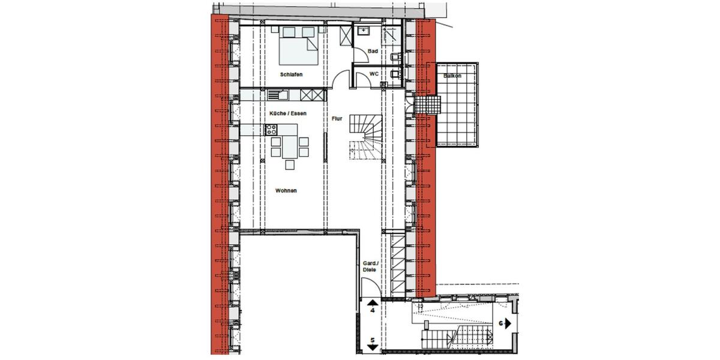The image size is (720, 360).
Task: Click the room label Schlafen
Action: (x=290, y=74)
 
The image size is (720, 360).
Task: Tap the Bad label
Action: (x=373, y=52)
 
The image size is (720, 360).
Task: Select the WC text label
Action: (x=373, y=74)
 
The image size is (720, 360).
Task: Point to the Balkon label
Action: (x=452, y=76)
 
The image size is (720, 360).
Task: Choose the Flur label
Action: (x=337, y=119)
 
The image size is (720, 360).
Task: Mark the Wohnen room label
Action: (x=286, y=191)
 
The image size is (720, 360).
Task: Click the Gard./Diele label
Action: (x=370, y=267)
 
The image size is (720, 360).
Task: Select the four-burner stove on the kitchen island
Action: (x=271, y=128)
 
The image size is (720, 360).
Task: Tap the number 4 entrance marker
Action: (x=372, y=311)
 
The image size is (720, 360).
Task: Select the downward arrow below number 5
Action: (x=372, y=348)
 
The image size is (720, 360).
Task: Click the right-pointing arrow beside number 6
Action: (x=508, y=323)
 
